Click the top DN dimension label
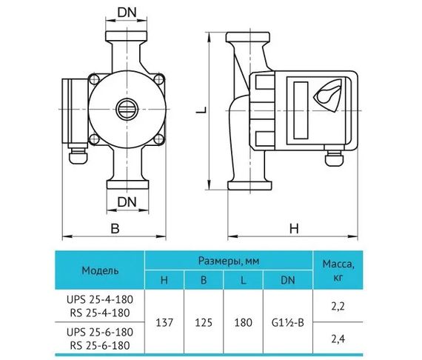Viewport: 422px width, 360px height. (x=127, y=13)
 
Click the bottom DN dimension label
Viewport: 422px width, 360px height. (x=127, y=201)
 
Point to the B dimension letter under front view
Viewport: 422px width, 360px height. (x=115, y=229)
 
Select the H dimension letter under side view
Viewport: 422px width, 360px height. (x=294, y=229)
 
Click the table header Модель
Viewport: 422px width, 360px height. (x=99, y=270)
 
